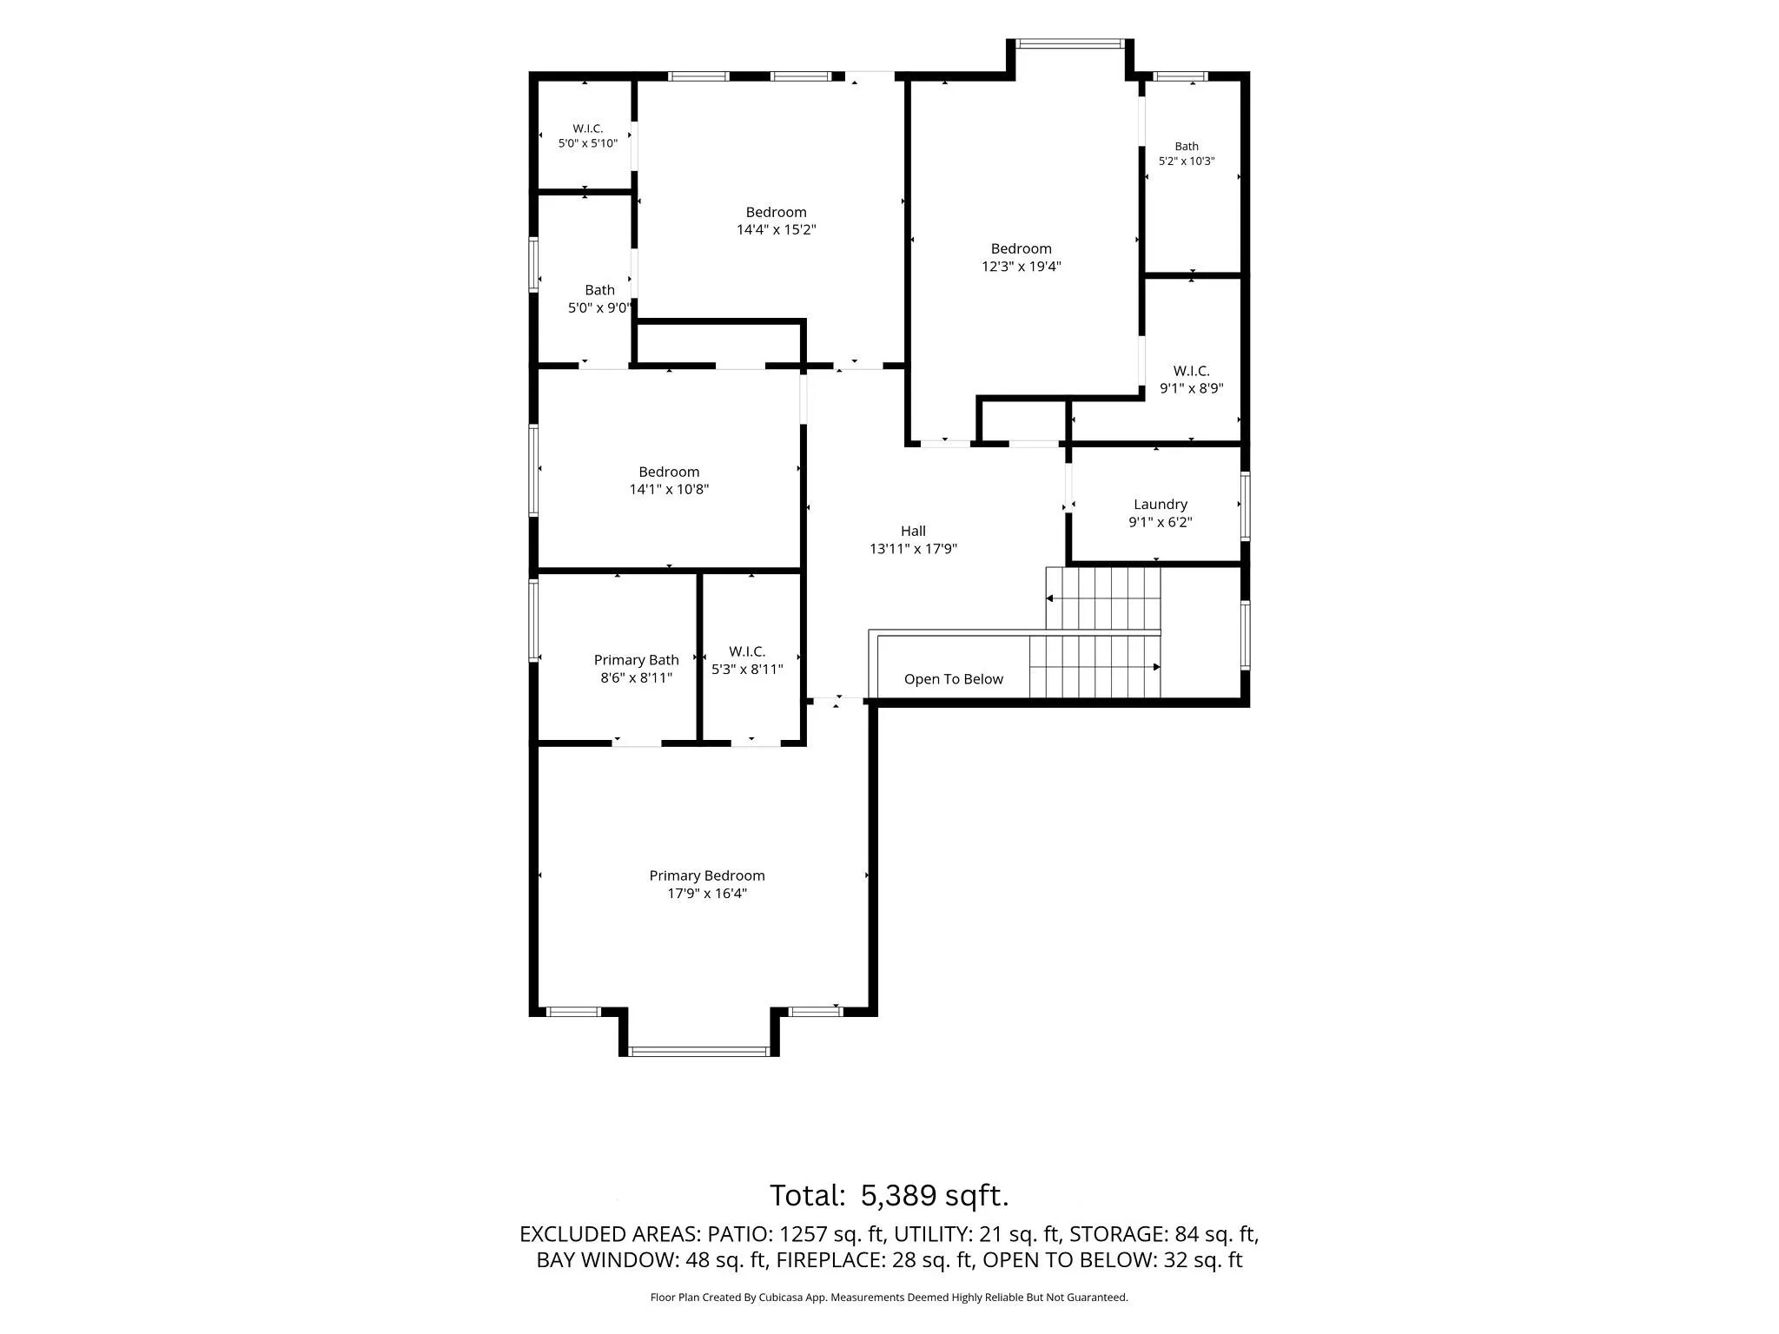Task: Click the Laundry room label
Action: (1160, 504)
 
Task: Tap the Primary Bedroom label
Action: (707, 875)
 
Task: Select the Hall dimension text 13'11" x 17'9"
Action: (913, 549)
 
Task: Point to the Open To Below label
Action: (953, 679)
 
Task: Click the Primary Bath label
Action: (636, 660)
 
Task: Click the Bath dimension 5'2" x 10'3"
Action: (1187, 162)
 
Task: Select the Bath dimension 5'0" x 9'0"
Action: (599, 308)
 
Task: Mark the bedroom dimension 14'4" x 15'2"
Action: (776, 230)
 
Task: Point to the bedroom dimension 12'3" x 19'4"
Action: (1021, 267)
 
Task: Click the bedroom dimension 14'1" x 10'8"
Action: (669, 490)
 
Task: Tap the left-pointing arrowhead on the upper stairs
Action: (1049, 598)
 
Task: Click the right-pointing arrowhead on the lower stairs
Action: (1156, 667)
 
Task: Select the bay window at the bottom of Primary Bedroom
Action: (698, 1052)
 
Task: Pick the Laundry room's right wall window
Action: (1245, 505)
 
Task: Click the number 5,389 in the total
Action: (898, 1196)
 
